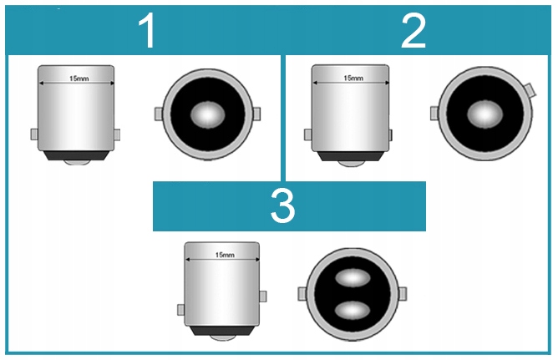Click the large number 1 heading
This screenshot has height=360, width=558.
[147, 31]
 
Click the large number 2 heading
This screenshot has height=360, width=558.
[413, 31]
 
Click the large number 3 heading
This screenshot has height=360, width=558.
[282, 205]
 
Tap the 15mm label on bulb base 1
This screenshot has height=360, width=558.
[79, 79]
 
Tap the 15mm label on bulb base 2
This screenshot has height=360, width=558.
[353, 78]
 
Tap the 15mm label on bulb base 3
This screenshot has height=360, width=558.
[225, 255]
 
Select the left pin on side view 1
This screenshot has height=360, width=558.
[34, 134]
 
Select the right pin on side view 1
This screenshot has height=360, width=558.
[117, 134]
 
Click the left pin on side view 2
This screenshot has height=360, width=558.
[308, 134]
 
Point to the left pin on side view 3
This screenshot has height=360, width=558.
[181, 310]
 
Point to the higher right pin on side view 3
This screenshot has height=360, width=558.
[262, 297]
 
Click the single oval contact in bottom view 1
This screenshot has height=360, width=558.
[208, 114]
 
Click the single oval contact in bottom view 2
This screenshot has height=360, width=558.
[484, 114]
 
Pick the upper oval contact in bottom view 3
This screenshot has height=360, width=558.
[353, 278]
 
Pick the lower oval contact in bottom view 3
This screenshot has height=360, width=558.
[353, 310]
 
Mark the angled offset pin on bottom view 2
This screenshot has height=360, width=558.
[530, 90]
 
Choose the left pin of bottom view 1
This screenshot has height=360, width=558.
[159, 114]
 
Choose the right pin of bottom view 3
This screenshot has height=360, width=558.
[403, 294]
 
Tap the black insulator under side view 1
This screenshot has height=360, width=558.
[77, 155]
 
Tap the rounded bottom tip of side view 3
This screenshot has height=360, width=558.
[222, 338]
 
